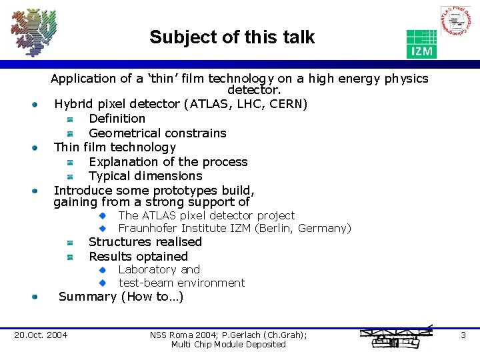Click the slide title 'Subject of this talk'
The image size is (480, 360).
[x=231, y=37]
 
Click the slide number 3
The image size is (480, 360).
[x=463, y=335]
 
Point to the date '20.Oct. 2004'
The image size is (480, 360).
[x=41, y=335]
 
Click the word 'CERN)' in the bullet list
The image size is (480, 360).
[x=289, y=104]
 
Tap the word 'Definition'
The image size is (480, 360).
[x=117, y=118]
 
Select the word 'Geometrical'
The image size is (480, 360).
[x=124, y=133]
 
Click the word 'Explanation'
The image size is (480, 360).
[x=124, y=161]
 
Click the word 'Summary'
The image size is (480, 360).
[x=87, y=297]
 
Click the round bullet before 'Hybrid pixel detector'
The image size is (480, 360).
[x=33, y=105]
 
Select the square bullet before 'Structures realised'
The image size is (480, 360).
[x=69, y=243]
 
